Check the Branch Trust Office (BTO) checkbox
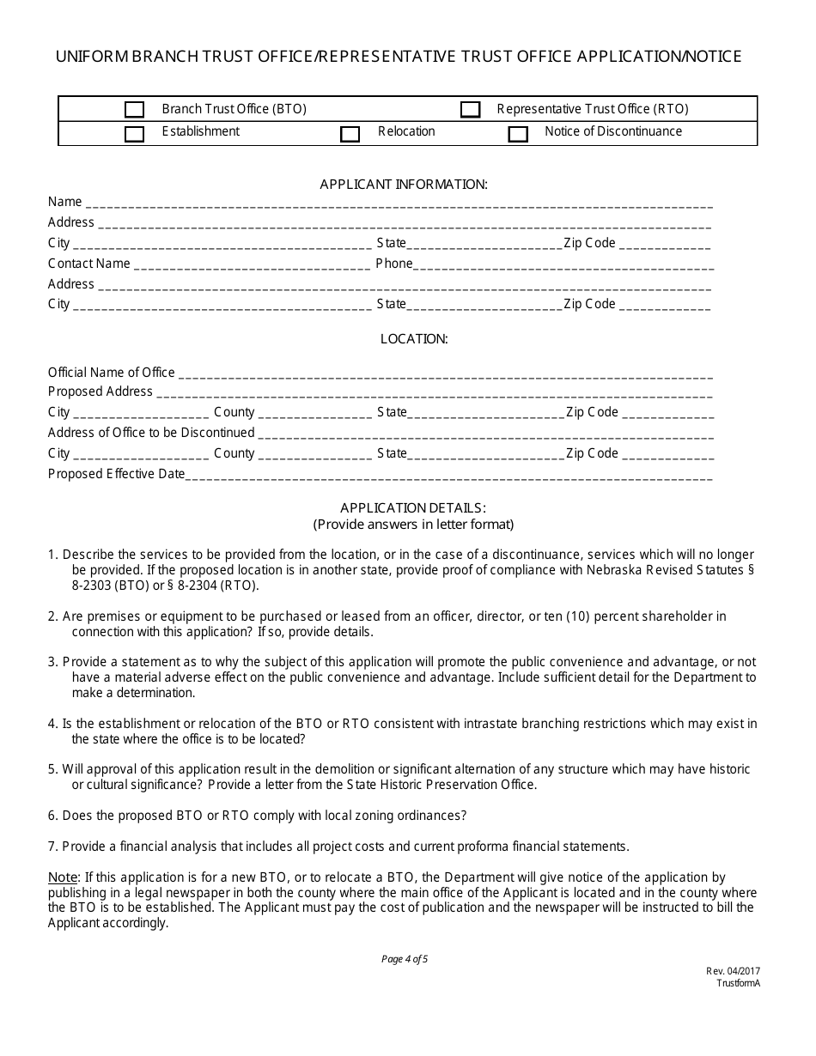pos(134,110)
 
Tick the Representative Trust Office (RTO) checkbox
pos(470,110)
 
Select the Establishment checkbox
pos(134,134)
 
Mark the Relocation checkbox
pos(350,134)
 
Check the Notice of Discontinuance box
pos(518,134)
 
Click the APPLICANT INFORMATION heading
pos(404,184)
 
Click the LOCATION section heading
pos(414,339)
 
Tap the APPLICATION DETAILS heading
pos(413,507)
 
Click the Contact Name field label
pos(89,264)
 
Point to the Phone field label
pos(394,264)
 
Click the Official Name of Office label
pos(111,373)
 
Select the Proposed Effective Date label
pos(116,474)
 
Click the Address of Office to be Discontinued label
pos(151,433)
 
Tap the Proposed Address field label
pos(100,391)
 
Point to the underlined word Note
pos(62,877)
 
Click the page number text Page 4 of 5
pos(405,959)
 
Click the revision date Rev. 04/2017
pos(733,971)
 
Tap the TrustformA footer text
pos(739,983)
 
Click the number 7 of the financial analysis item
pos(52,847)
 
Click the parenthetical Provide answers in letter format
pos(413,524)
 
